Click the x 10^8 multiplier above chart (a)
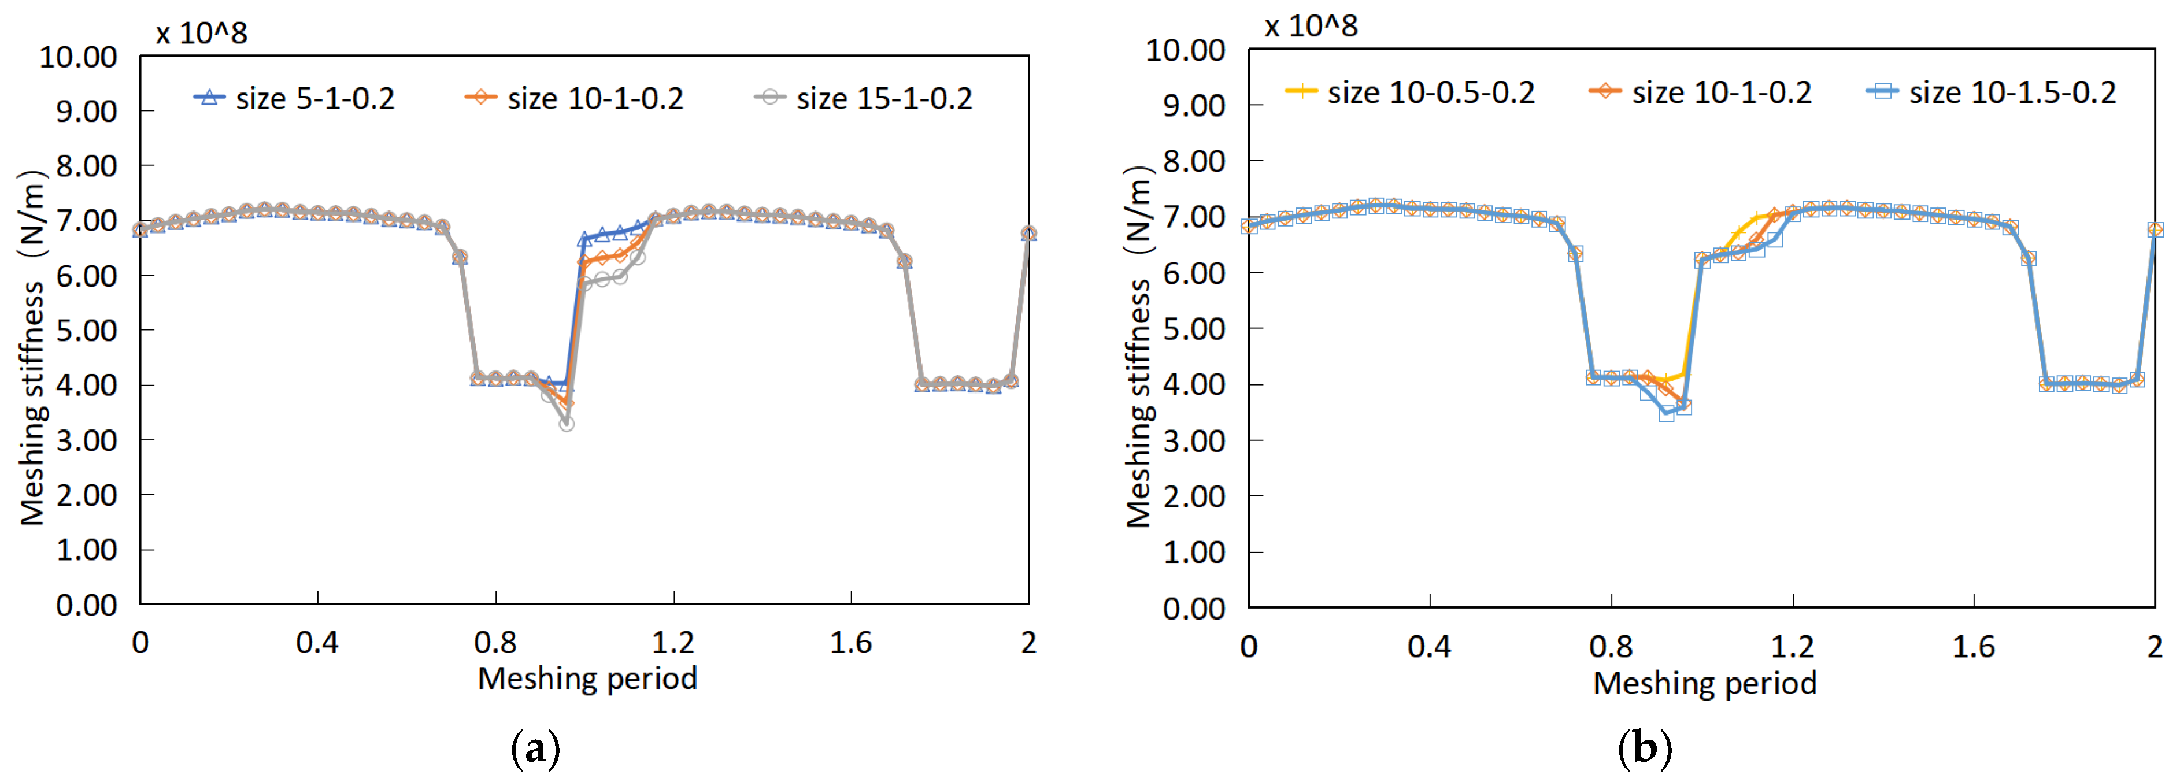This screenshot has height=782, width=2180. coord(201,33)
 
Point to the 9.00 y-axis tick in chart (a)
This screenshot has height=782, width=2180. coord(86,111)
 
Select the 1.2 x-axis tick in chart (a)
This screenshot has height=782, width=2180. coord(673,643)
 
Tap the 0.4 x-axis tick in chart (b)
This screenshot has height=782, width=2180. coord(1430,647)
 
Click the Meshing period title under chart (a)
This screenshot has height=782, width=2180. coord(587,679)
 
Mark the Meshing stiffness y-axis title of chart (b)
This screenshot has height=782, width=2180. coord(1139,347)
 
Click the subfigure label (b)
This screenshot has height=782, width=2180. coord(1644,748)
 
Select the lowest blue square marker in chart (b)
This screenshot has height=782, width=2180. coord(1666,413)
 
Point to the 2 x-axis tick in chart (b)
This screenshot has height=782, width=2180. coord(2155,647)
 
